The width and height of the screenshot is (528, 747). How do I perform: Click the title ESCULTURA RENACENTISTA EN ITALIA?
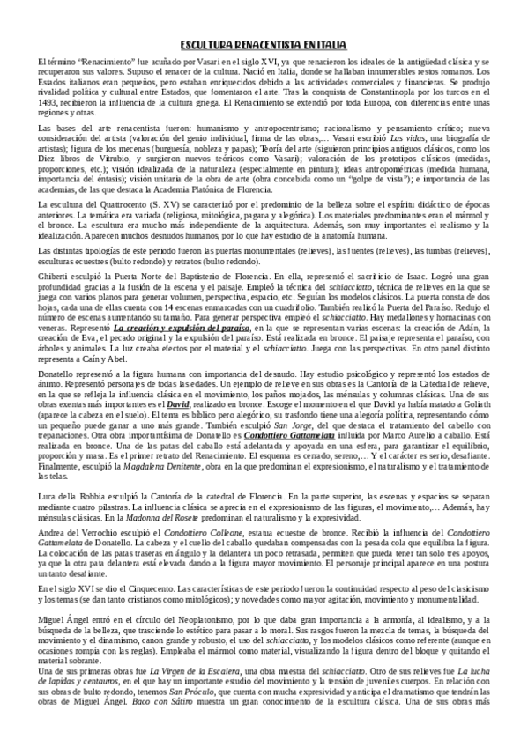(x=264, y=43)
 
